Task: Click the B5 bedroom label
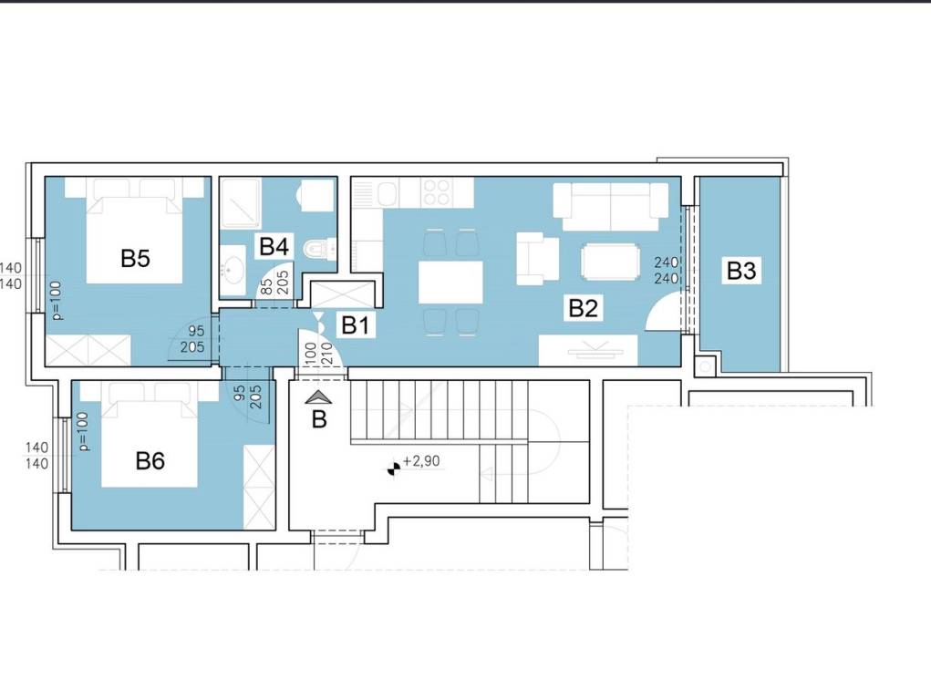pos(135,258)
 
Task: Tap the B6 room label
pos(150,460)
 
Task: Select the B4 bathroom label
pos(274,246)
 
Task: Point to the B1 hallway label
pos(355,324)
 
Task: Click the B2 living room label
pos(583,308)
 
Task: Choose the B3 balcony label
pos(741,271)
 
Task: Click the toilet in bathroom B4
pos(319,248)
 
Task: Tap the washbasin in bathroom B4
pos(233,271)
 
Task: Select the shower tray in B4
pos(240,203)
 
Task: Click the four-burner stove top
pos(437,192)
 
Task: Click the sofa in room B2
pos(610,206)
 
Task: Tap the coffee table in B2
pos(611,262)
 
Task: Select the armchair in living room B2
pos(537,258)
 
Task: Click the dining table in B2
pos(450,282)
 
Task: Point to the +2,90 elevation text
pos(421,460)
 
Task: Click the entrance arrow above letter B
pos(319,397)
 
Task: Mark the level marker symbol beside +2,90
pos(392,469)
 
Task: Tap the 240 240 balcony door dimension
pos(667,270)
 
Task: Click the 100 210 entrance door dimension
pos(316,355)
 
